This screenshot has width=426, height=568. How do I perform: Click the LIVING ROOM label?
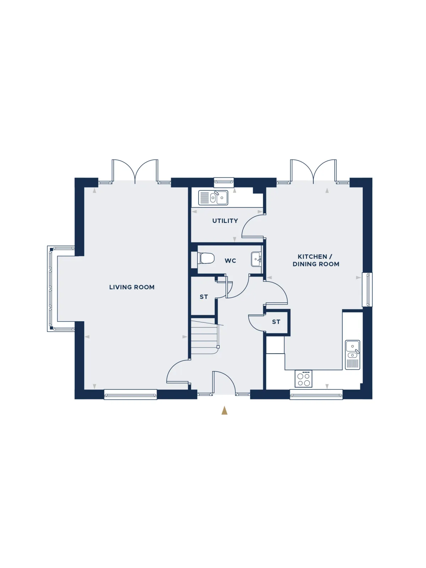pyautogui.click(x=132, y=287)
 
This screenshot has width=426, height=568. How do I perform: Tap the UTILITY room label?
pyautogui.click(x=225, y=221)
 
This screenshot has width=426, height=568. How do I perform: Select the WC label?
pyautogui.click(x=230, y=261)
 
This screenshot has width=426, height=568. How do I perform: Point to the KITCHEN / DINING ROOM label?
pyautogui.click(x=316, y=260)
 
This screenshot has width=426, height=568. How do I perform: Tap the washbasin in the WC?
pyautogui.click(x=256, y=259)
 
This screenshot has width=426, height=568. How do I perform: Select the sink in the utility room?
pyautogui.click(x=213, y=198)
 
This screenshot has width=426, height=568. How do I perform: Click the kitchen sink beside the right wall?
pyautogui.click(x=353, y=355)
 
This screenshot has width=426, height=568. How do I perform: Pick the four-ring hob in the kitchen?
pyautogui.click(x=304, y=378)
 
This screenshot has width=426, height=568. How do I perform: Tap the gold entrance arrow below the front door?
pyautogui.click(x=224, y=410)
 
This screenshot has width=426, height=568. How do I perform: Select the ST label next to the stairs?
pyautogui.click(x=203, y=297)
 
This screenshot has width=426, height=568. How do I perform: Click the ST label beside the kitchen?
pyautogui.click(x=276, y=322)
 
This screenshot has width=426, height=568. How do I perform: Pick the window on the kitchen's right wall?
pyautogui.click(x=367, y=290)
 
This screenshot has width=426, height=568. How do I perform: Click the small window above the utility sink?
pyautogui.click(x=224, y=182)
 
